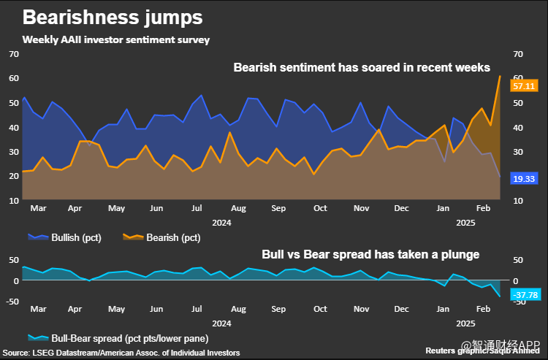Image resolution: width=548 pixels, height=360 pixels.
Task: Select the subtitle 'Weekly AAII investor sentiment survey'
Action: (116, 40)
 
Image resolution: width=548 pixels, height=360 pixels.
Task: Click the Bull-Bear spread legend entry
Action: (117, 338)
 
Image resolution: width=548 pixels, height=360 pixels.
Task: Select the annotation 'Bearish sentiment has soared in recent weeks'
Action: (362, 68)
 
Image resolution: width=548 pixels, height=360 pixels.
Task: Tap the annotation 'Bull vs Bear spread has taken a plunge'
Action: (370, 255)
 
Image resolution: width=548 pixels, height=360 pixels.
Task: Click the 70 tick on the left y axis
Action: (13, 54)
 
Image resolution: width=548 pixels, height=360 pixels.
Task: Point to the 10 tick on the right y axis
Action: (518, 201)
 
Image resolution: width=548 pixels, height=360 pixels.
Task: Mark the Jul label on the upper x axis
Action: (197, 208)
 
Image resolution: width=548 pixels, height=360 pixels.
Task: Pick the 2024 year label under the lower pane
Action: (221, 322)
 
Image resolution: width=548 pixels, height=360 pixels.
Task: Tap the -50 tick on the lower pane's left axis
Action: (11, 301)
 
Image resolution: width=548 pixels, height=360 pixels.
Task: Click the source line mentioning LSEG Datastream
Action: (121, 353)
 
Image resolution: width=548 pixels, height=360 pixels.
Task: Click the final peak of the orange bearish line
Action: (499, 76)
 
